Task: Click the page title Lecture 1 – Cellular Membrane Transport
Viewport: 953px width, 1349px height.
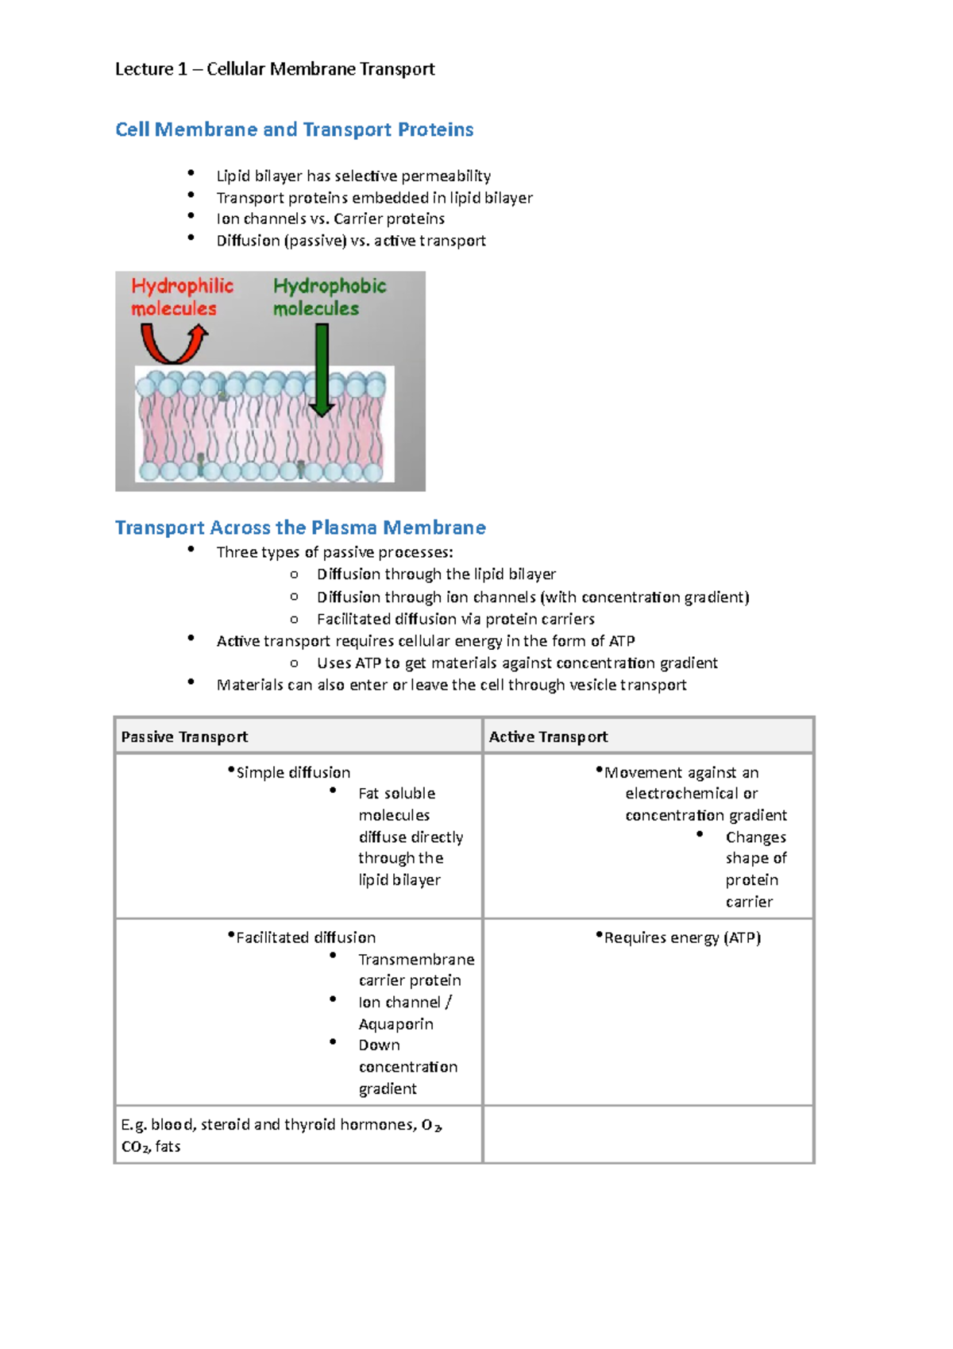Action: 275,69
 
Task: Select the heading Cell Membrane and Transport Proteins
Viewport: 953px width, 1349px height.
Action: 294,129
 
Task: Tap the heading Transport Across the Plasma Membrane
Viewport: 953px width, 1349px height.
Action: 300,528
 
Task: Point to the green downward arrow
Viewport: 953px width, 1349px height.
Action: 322,370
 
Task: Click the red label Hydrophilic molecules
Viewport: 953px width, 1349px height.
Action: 182,297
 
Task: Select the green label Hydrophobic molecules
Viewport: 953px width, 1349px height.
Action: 329,297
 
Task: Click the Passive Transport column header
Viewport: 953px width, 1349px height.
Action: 184,736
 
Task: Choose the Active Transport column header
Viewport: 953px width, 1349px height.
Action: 548,736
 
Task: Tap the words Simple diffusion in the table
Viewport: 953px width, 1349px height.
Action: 293,772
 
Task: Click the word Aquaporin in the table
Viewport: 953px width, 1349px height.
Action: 395,1024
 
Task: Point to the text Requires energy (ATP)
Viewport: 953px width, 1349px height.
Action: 682,937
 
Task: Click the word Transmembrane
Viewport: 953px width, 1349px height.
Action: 416,959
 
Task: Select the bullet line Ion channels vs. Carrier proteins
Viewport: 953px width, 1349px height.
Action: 330,218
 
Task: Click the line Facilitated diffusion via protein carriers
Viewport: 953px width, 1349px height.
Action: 456,619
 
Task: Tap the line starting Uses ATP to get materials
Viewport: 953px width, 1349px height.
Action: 517,663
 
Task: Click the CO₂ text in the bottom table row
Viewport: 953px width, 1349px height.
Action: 134,1146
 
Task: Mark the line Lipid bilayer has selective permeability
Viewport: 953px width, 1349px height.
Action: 353,176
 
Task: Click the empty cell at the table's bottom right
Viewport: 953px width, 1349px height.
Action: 647,1134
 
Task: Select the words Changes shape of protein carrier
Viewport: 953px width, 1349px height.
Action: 754,869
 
